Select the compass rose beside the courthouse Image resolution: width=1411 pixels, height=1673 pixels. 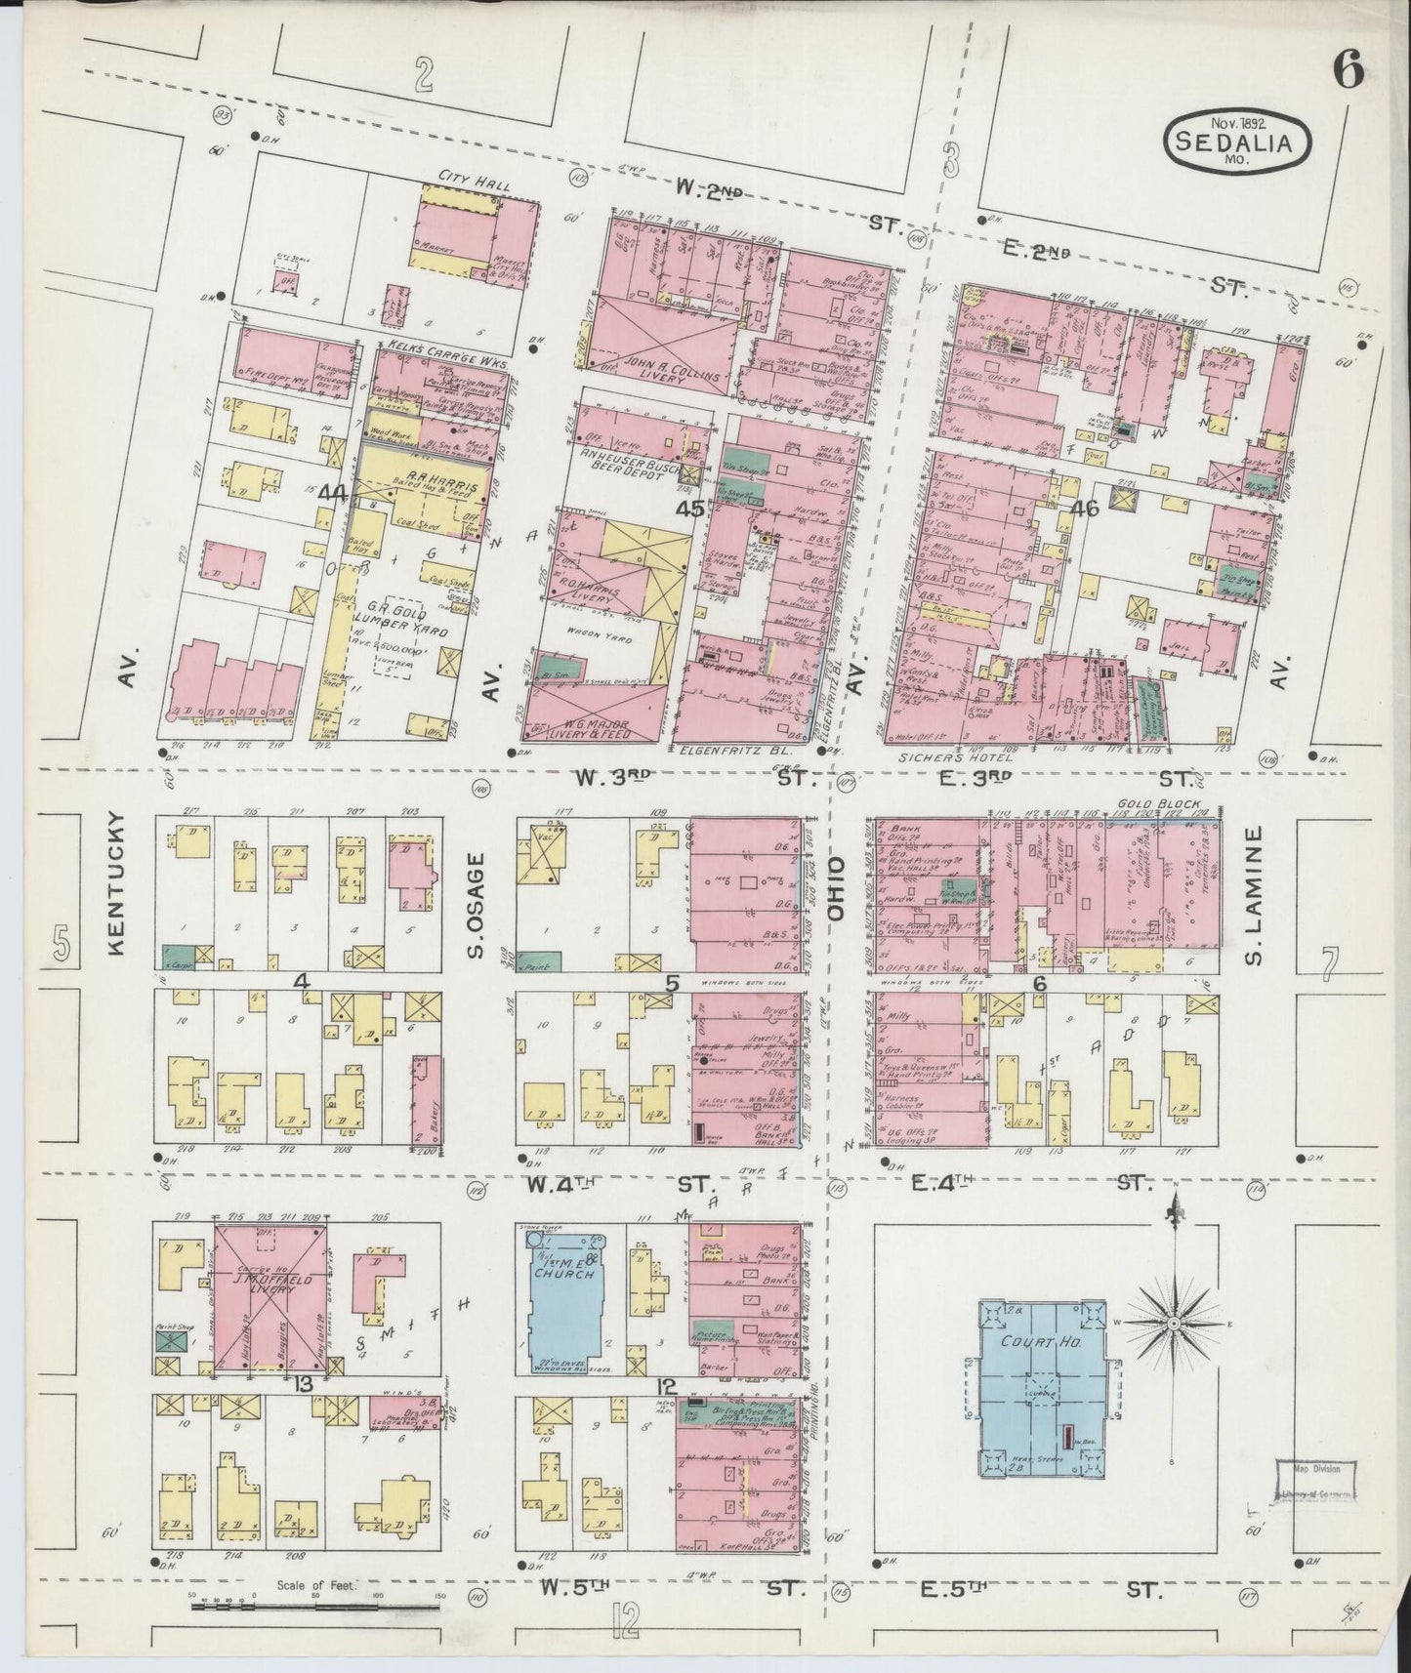tap(1173, 1323)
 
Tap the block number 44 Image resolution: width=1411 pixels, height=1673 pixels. tap(333, 494)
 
